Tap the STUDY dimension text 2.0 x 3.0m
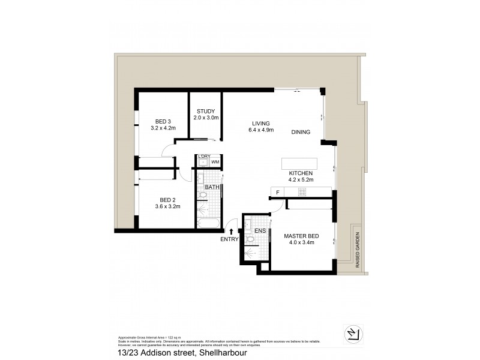(x=206, y=118)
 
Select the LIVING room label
(x=260, y=123)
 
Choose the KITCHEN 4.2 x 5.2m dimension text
(x=301, y=179)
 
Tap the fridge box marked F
(x=277, y=192)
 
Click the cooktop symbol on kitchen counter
(x=302, y=192)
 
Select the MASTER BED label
(x=301, y=236)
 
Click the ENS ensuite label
(x=260, y=230)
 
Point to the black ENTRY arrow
(x=232, y=230)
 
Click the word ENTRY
(x=229, y=239)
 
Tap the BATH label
(x=212, y=187)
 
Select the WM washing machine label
(x=214, y=161)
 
